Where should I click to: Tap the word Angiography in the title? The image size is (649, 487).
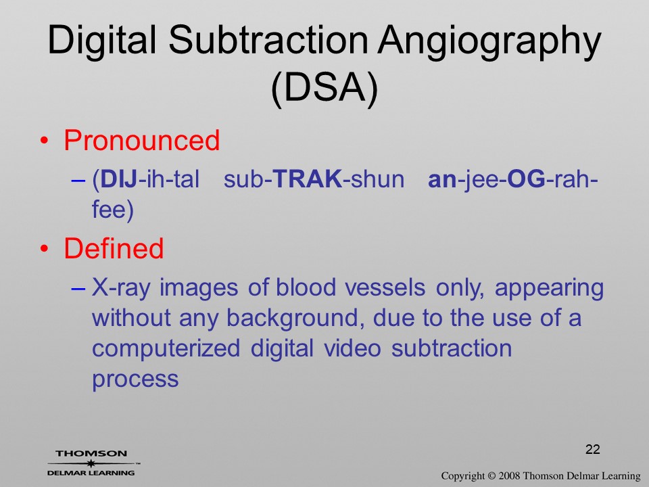pos(489,43)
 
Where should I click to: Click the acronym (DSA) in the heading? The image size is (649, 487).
pos(324,89)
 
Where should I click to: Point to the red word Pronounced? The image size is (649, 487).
pos(141,140)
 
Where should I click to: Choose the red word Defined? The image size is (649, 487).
pos(114,248)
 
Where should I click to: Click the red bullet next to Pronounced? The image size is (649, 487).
pos(45,141)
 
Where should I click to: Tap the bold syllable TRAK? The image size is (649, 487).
pos(308,179)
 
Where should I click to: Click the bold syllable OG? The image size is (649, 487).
pos(526,179)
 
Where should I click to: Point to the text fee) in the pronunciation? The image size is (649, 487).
pos(113,210)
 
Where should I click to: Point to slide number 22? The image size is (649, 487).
pos(593,449)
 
